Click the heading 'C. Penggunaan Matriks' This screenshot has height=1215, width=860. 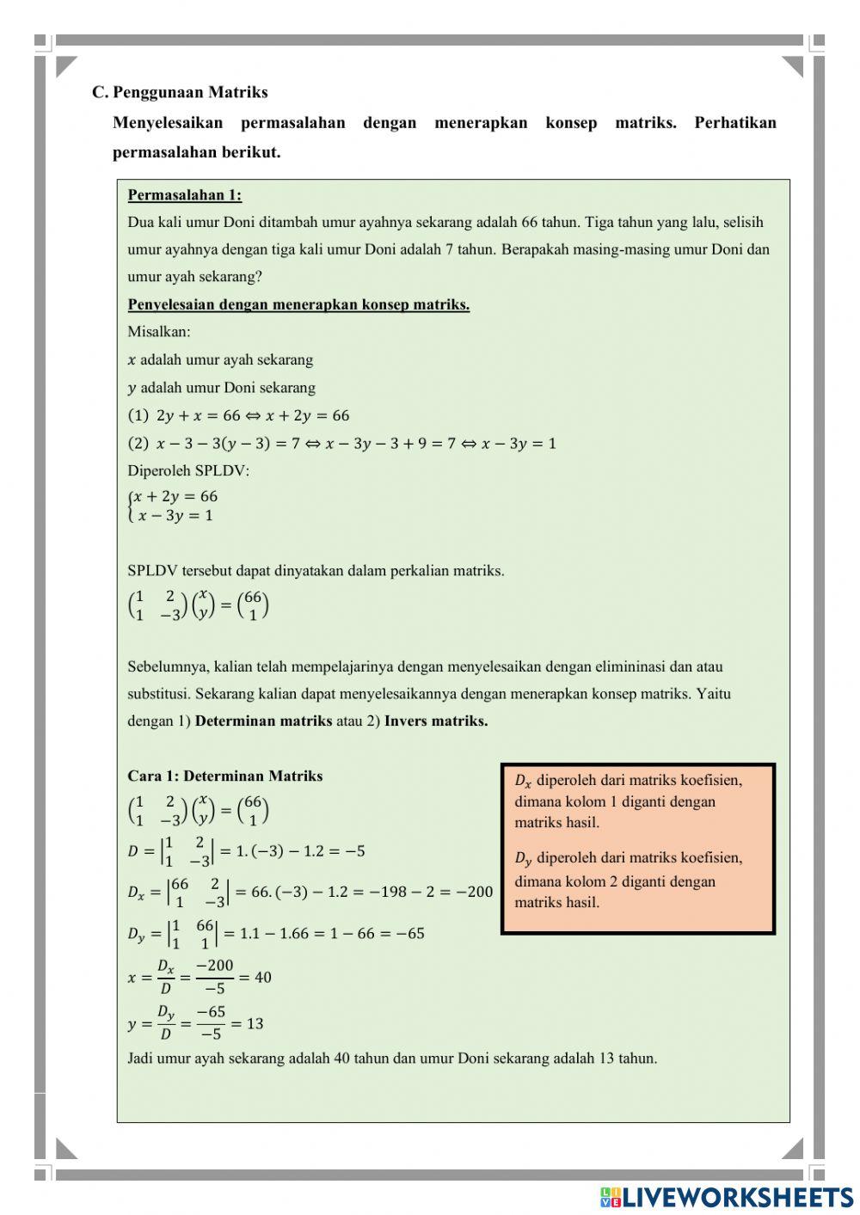click(x=181, y=92)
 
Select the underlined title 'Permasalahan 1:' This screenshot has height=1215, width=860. click(x=185, y=195)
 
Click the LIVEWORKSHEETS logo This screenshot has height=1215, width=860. click(x=727, y=1196)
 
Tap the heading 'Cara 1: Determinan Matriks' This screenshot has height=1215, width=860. click(x=225, y=776)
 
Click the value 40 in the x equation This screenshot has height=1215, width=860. click(x=262, y=978)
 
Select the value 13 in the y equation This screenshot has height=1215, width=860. click(x=255, y=1023)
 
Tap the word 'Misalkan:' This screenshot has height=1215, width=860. click(x=159, y=331)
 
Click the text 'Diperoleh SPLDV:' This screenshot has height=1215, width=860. click(x=188, y=470)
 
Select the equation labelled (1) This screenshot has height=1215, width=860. click(x=239, y=415)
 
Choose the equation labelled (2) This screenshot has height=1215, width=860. click(x=342, y=444)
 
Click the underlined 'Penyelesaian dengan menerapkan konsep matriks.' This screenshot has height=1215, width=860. click(x=298, y=304)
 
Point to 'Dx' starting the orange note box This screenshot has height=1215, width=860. click(x=523, y=781)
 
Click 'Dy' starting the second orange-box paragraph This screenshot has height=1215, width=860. click(x=523, y=858)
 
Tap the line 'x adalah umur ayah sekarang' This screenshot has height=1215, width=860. click(x=220, y=359)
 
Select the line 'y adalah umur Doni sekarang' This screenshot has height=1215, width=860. click(x=222, y=387)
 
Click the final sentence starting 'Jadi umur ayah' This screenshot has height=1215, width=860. click(x=392, y=1058)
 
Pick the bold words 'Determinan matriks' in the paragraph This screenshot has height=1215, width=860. click(x=263, y=721)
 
